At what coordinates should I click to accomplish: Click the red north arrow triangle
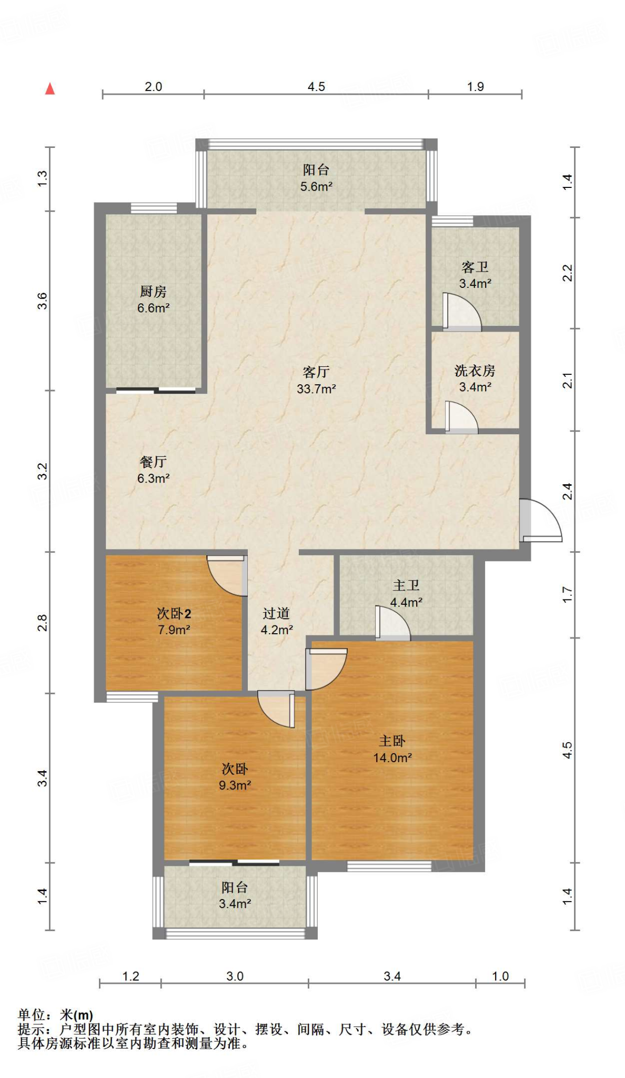(50, 89)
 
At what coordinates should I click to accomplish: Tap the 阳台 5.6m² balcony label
(316, 178)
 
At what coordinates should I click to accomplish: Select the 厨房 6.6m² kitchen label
(153, 300)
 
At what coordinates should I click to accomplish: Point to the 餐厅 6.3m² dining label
(153, 470)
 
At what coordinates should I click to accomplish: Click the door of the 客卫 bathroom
(461, 312)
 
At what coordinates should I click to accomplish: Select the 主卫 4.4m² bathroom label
(406, 594)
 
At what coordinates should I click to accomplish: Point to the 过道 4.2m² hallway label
(276, 621)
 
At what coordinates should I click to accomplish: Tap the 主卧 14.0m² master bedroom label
(392, 749)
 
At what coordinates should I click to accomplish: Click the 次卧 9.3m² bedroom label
(235, 777)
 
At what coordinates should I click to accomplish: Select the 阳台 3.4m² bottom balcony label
(235, 895)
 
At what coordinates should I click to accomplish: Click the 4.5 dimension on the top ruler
(316, 86)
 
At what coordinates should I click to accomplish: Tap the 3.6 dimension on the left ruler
(42, 301)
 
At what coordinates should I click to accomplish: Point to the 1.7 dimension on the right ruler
(567, 595)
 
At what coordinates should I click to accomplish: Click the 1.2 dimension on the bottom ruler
(130, 976)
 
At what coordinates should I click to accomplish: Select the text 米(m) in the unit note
(76, 1014)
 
